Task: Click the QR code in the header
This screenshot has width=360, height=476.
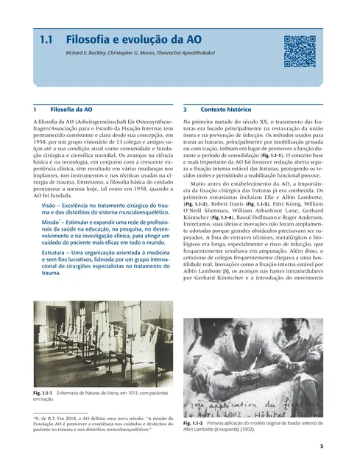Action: click(300, 49)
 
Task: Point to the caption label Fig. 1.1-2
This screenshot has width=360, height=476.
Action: click(194, 424)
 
